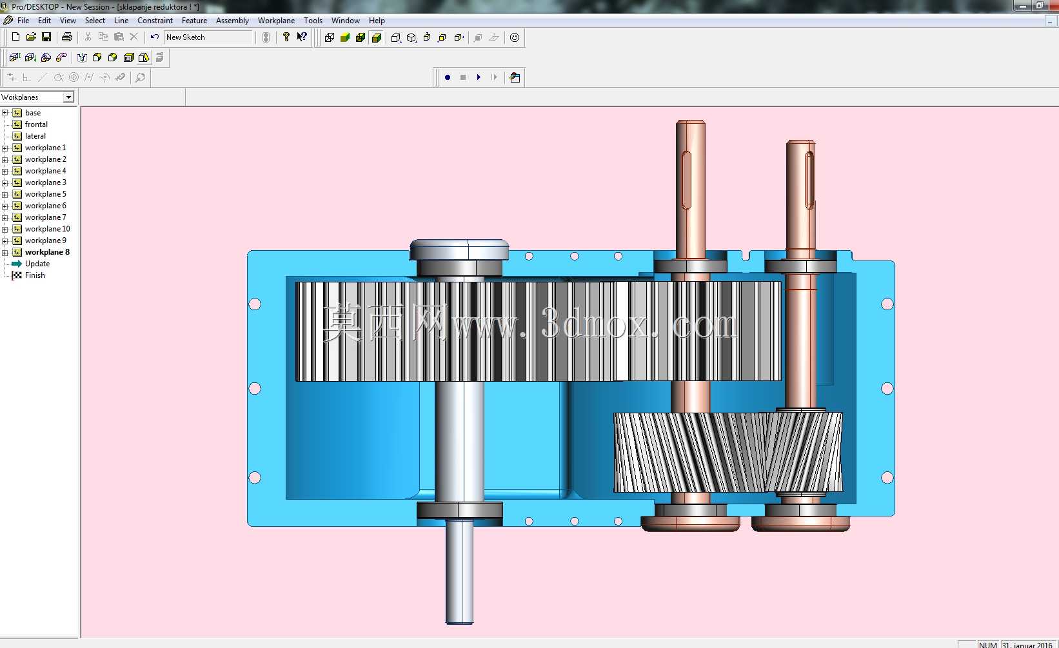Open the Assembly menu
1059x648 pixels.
(x=232, y=21)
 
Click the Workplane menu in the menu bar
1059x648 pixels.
(x=276, y=21)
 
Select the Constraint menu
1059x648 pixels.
(x=155, y=21)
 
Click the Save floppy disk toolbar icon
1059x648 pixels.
(x=46, y=37)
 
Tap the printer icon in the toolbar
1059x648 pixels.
(x=66, y=37)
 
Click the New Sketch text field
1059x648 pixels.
(x=208, y=37)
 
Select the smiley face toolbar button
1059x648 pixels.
(x=515, y=37)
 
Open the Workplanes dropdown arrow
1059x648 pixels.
(x=68, y=97)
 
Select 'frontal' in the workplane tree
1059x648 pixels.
(x=36, y=124)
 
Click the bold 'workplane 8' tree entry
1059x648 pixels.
(x=47, y=252)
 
